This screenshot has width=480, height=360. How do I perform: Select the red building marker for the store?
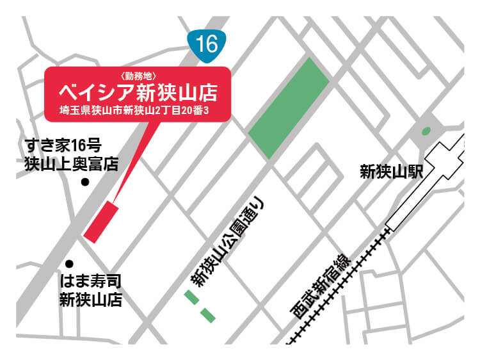[101, 222]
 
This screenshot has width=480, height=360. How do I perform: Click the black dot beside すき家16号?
[85, 183]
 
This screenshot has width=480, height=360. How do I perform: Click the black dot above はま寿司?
[70, 263]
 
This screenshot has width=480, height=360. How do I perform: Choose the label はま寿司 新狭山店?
[90, 290]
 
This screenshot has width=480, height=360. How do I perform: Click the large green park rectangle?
[289, 108]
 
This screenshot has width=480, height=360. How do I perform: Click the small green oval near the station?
[426, 131]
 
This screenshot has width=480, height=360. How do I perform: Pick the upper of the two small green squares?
[190, 296]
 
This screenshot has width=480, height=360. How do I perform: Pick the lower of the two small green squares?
[207, 315]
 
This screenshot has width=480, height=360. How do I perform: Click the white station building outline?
[429, 186]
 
